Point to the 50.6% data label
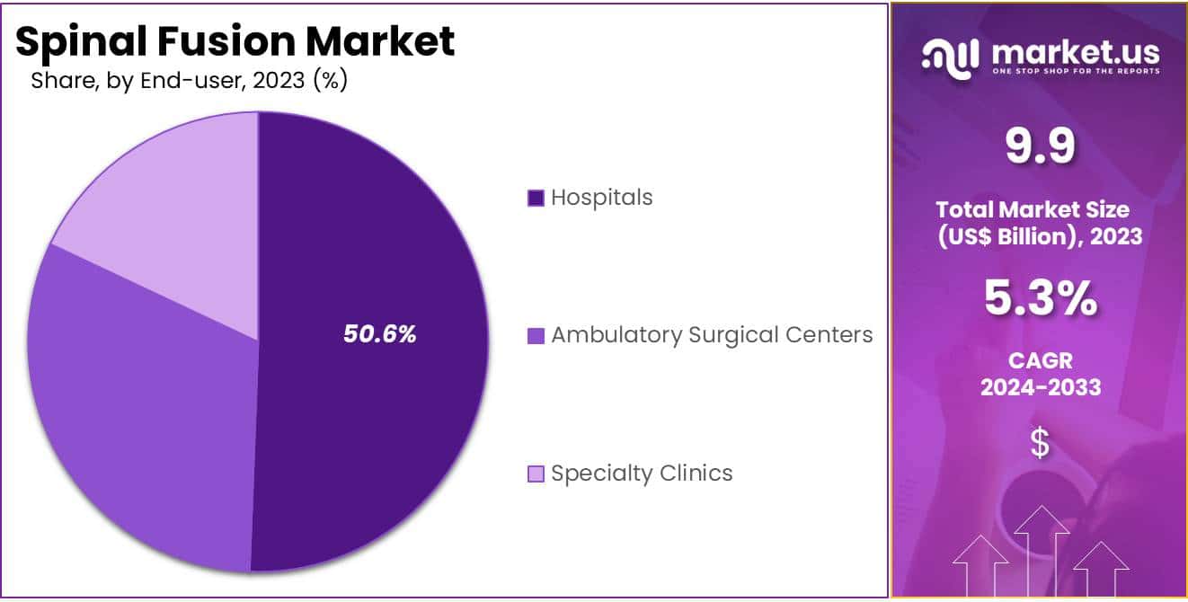[x=380, y=334]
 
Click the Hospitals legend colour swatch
[x=536, y=199]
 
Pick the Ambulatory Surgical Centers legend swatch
[x=536, y=337]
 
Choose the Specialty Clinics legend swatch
[x=536, y=474]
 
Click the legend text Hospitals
[x=602, y=198]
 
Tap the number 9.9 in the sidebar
[x=1040, y=147]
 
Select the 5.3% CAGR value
[x=1040, y=299]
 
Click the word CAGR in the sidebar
[x=1040, y=361]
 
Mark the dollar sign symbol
[x=1040, y=443]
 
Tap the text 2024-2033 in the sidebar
[x=1040, y=388]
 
